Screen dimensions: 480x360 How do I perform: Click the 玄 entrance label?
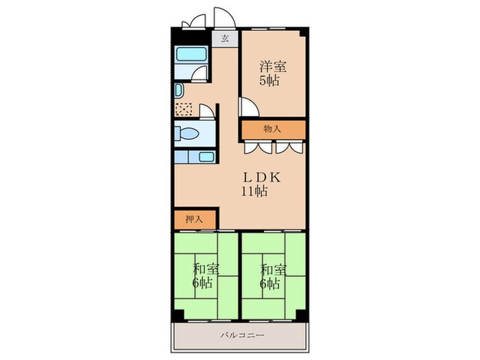click(x=225, y=38)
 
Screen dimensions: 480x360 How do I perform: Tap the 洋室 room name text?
click(x=273, y=67)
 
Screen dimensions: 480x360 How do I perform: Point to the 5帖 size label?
click(x=269, y=80)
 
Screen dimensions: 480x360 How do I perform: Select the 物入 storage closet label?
click(x=272, y=129)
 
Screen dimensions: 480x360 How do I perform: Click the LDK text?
click(x=262, y=178)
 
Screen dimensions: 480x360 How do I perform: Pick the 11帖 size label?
click(x=254, y=191)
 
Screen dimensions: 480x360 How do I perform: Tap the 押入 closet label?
click(x=194, y=219)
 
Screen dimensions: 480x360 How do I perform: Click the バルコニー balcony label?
click(x=242, y=335)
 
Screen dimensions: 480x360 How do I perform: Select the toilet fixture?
click(x=187, y=134)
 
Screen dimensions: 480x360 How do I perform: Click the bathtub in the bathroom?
click(x=191, y=54)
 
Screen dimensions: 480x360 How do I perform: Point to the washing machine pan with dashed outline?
click(x=184, y=110)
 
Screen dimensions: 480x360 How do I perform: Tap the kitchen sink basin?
click(x=206, y=157)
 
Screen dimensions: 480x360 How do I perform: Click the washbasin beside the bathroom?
click(x=179, y=91)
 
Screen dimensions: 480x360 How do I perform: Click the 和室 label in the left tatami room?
click(x=206, y=270)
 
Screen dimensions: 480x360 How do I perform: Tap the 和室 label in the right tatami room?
click(x=274, y=270)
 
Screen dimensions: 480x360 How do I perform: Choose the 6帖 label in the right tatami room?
click(x=270, y=284)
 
